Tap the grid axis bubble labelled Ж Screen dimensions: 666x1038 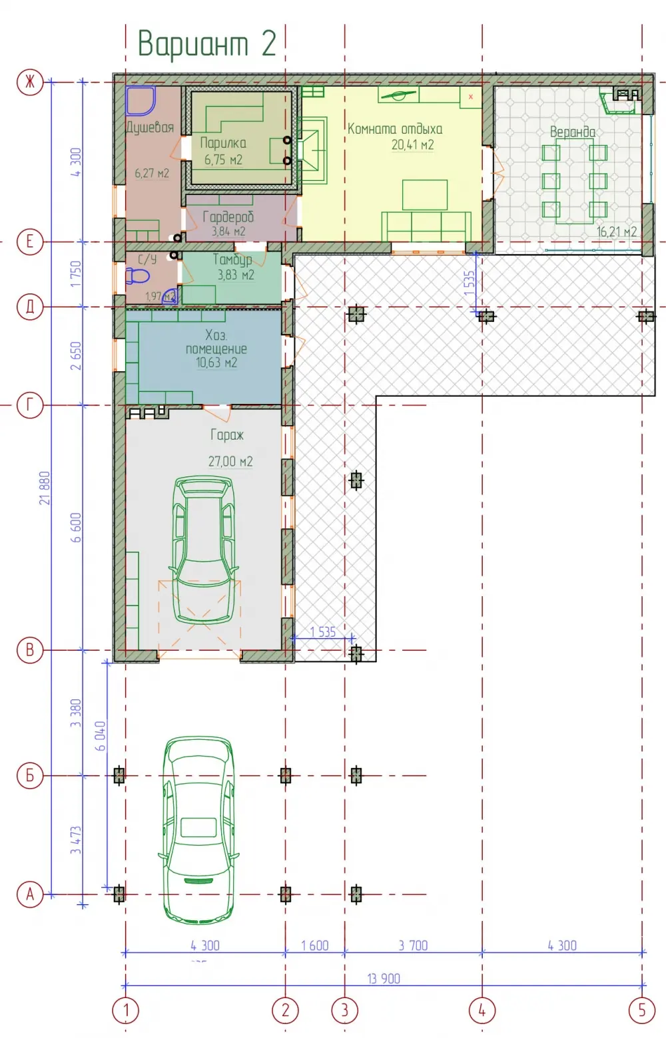30,83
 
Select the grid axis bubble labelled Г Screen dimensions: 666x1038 30,405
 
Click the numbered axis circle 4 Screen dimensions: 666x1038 482,1010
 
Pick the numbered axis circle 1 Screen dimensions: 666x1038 126,1010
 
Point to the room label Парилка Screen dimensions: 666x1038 223,142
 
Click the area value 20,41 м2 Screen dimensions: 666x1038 413,145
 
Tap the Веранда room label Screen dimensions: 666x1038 572,132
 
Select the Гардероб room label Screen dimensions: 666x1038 228,217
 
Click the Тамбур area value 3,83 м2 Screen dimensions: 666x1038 236,275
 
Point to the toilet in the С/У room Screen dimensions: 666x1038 138,277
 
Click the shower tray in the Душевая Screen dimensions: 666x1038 141,100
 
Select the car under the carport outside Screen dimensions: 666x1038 199,830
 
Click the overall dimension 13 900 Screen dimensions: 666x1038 384,979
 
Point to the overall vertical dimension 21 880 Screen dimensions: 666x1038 45,488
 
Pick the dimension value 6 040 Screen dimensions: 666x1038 100,736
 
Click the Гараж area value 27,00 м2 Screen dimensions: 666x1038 230,462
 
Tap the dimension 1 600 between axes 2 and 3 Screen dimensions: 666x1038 315,946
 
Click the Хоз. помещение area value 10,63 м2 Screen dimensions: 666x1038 216,363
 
